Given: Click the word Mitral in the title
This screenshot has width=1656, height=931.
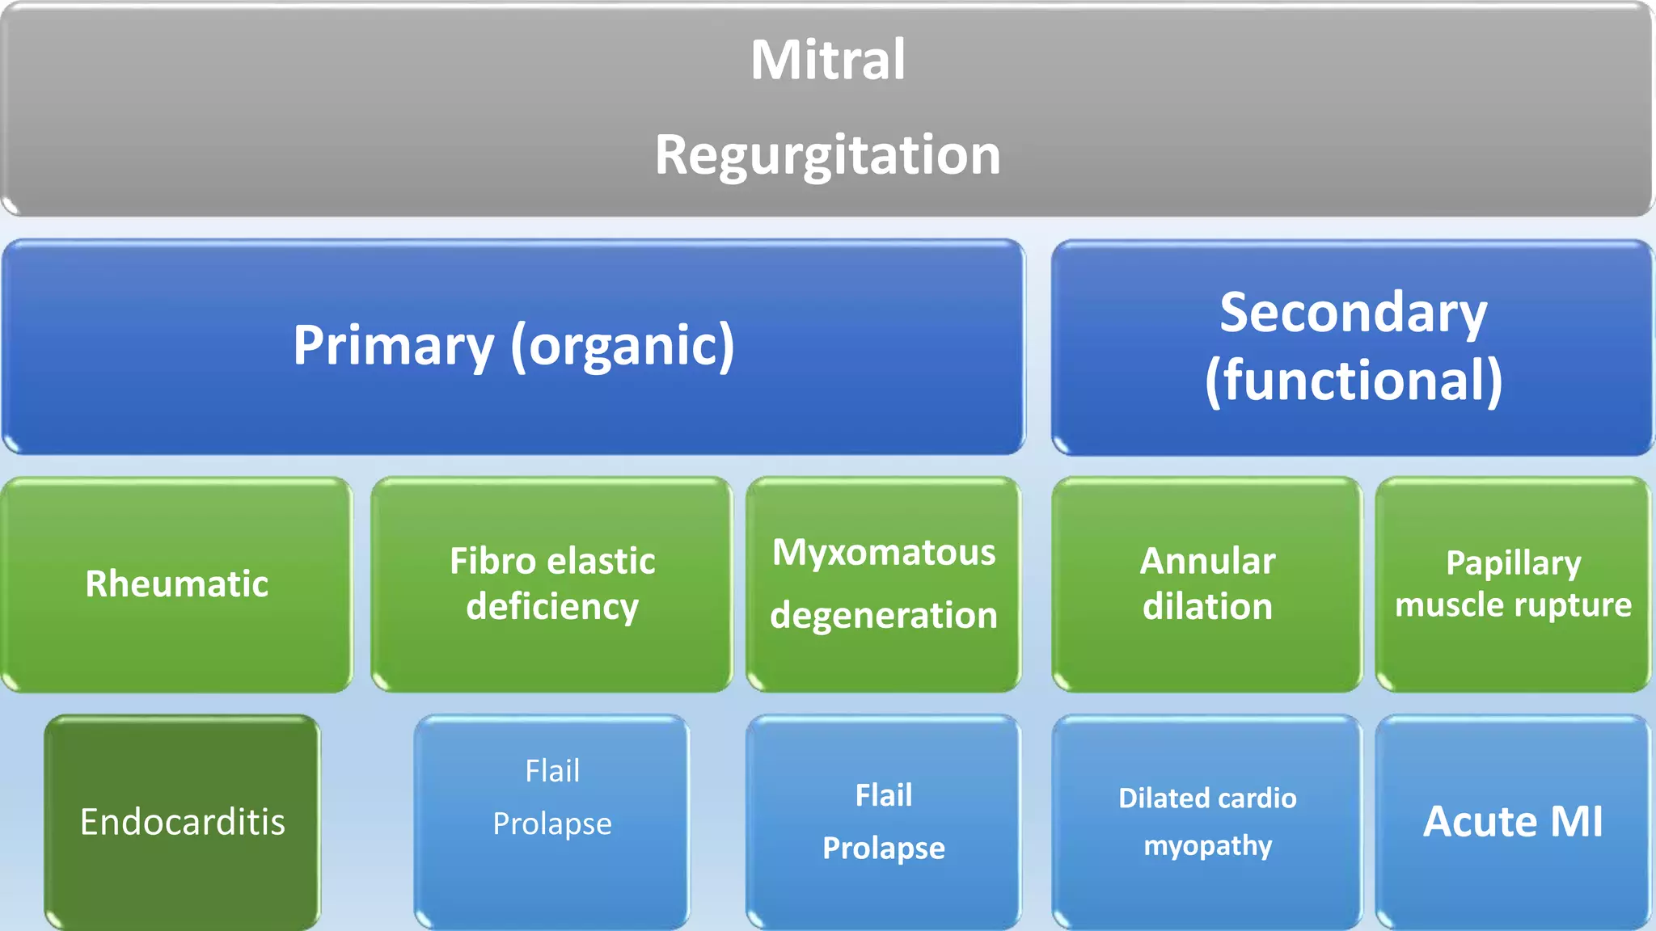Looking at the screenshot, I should [827, 60].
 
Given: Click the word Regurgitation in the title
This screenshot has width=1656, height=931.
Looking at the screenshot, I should [827, 154].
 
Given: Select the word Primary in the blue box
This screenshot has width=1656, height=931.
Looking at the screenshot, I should [393, 346].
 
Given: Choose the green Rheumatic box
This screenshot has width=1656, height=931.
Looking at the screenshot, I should [176, 583].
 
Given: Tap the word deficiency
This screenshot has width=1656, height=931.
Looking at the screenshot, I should [552, 606].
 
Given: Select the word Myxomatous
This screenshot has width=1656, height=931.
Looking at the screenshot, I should [883, 553].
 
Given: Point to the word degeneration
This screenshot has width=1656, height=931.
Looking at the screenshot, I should [883, 616].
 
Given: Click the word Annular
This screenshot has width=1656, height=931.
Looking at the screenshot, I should [1207, 561].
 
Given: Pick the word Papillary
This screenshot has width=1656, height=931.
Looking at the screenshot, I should [1513, 563].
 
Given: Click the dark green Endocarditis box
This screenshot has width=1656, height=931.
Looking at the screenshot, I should [182, 822].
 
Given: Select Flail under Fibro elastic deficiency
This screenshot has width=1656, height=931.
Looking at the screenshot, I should [552, 771].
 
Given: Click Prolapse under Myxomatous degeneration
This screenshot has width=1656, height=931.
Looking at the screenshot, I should [883, 849].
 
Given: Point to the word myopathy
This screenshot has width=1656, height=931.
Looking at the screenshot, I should [1207, 846].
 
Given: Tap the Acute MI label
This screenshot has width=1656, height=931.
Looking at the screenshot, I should [1512, 822].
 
